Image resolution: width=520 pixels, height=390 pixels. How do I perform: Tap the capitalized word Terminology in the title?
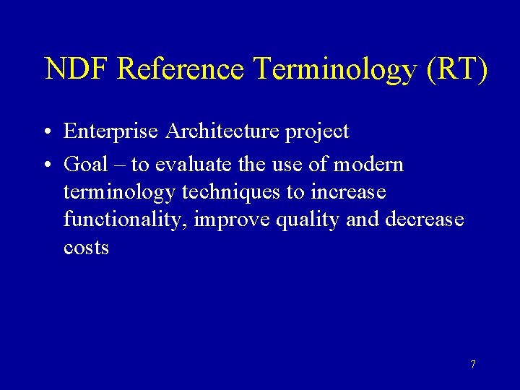tap(336, 70)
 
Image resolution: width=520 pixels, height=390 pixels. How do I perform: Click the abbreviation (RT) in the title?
tap(458, 70)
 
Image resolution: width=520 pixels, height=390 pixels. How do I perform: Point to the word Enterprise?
tap(111, 132)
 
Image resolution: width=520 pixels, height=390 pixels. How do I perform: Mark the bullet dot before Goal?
tap(45, 165)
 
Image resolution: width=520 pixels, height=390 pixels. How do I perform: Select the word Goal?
tap(86, 165)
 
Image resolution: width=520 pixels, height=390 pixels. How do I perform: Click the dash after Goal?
tap(118, 165)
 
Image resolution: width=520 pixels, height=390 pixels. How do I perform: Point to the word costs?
tap(86, 248)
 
